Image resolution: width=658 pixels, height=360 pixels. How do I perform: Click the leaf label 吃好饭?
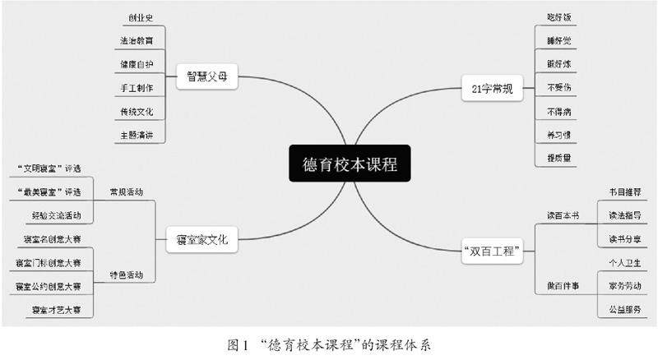[x=558, y=16]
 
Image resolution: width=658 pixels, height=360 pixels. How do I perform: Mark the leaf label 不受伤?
[x=558, y=86]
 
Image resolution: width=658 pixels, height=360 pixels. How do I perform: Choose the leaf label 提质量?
[x=558, y=158]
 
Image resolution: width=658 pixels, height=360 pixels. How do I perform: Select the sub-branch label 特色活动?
[x=126, y=275]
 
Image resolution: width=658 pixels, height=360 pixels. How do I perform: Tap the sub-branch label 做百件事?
[x=563, y=285]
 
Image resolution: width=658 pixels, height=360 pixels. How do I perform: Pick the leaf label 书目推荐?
[x=625, y=192]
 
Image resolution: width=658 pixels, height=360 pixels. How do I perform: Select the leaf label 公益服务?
[x=625, y=309]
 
